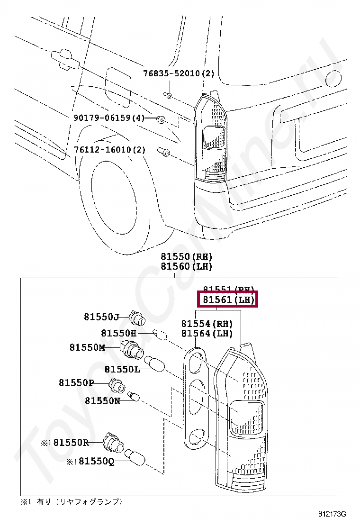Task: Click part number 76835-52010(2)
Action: click(x=179, y=73)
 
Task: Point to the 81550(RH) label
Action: click(x=186, y=256)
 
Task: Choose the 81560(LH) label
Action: click(x=186, y=266)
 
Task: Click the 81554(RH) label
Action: click(x=207, y=324)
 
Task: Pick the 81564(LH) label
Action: click(x=207, y=334)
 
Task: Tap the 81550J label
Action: click(x=101, y=317)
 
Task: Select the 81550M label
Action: click(x=87, y=347)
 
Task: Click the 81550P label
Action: click(x=76, y=382)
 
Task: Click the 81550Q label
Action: click(x=96, y=461)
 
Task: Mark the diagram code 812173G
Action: click(x=332, y=514)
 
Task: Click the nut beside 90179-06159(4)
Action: click(x=161, y=118)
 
